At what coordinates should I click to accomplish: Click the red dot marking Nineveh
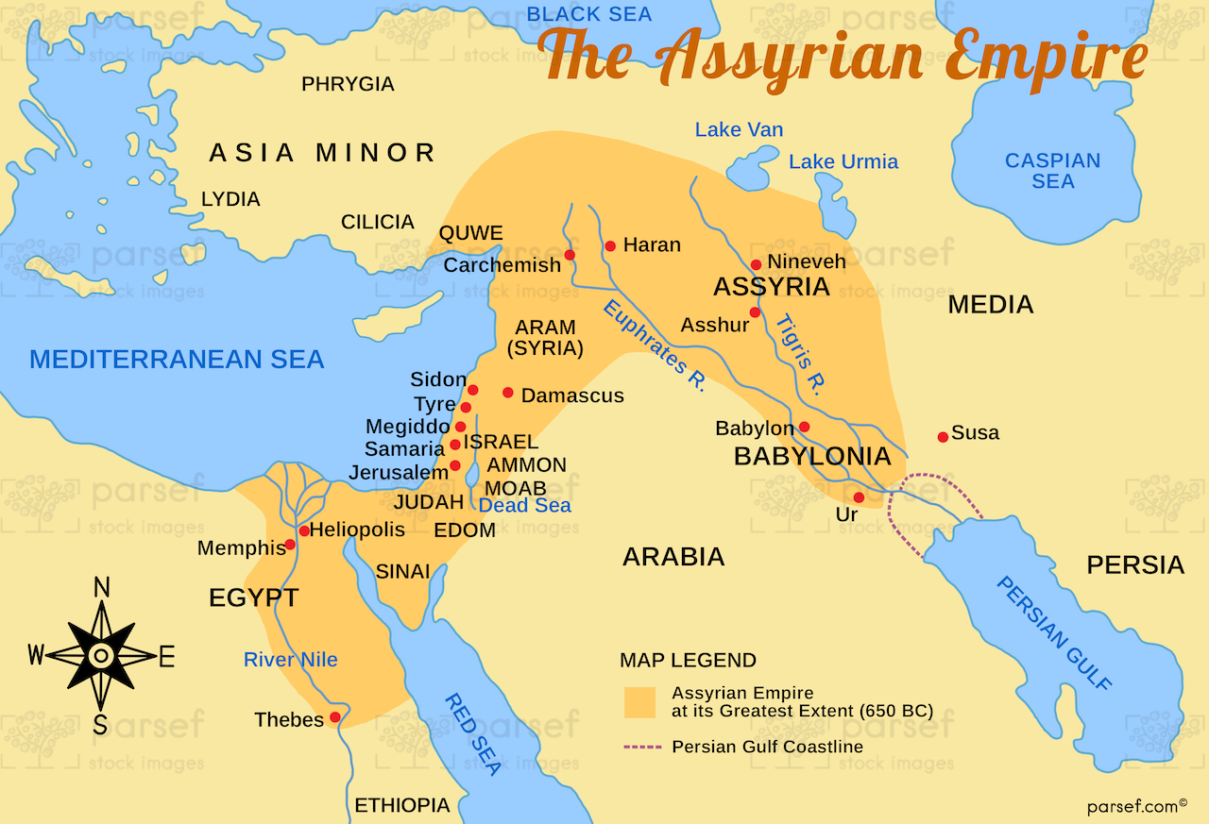click(756, 265)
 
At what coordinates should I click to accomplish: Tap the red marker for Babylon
click(804, 427)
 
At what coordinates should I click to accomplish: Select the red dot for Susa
click(943, 436)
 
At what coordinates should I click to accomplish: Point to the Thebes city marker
click(334, 718)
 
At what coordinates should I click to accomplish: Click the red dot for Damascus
click(508, 393)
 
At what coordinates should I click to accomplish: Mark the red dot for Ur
click(859, 497)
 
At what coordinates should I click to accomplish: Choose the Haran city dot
click(610, 246)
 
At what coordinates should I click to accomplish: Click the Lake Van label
click(739, 130)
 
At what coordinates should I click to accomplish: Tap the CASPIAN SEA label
click(1052, 171)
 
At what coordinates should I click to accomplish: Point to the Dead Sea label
click(524, 506)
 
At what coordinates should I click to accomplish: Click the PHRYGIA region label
click(348, 85)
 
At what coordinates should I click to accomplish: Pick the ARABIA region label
click(673, 557)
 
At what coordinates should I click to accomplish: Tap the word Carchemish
click(502, 265)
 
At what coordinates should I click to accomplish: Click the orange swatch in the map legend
click(639, 701)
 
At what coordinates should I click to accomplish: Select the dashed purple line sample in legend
click(642, 747)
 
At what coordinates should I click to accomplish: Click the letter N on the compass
click(101, 588)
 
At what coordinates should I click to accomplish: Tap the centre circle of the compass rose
click(101, 655)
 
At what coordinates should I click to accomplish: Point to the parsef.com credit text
click(1132, 806)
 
